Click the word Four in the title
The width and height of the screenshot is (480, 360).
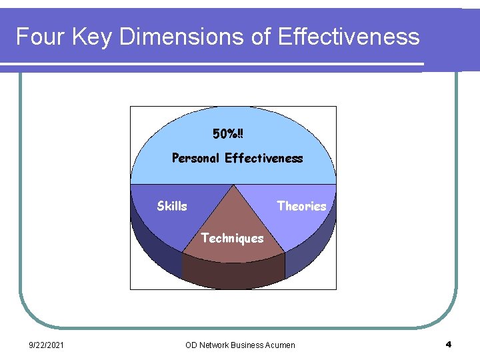click(39, 37)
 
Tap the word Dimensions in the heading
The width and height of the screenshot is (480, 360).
click(181, 37)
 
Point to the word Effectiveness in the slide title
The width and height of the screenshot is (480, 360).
click(347, 37)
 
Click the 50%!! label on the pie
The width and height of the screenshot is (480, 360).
click(228, 134)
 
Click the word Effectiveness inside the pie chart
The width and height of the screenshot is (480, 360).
click(264, 158)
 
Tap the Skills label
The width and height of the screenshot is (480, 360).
click(172, 206)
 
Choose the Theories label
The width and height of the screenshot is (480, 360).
click(301, 206)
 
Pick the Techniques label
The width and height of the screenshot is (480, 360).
click(232, 238)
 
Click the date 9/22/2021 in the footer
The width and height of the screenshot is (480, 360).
click(46, 345)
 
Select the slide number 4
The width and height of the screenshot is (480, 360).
click(448, 345)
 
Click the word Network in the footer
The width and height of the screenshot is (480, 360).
click(213, 345)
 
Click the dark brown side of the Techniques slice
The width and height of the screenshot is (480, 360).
click(233, 273)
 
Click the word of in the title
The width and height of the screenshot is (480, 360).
click(261, 37)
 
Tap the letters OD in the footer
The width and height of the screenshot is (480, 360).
click(191, 345)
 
